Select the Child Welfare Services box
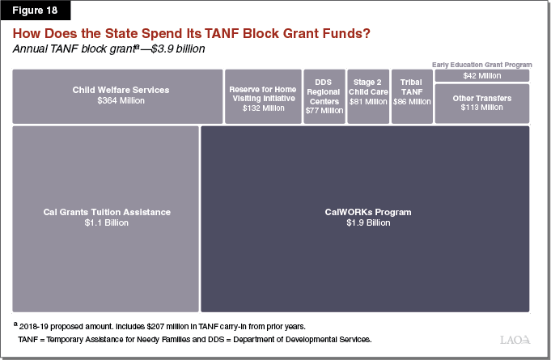(x=117, y=95)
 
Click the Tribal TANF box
(x=412, y=95)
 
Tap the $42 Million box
(x=482, y=75)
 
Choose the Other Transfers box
(x=482, y=103)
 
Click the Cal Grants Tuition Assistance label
(x=107, y=212)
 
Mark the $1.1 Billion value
(x=107, y=222)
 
